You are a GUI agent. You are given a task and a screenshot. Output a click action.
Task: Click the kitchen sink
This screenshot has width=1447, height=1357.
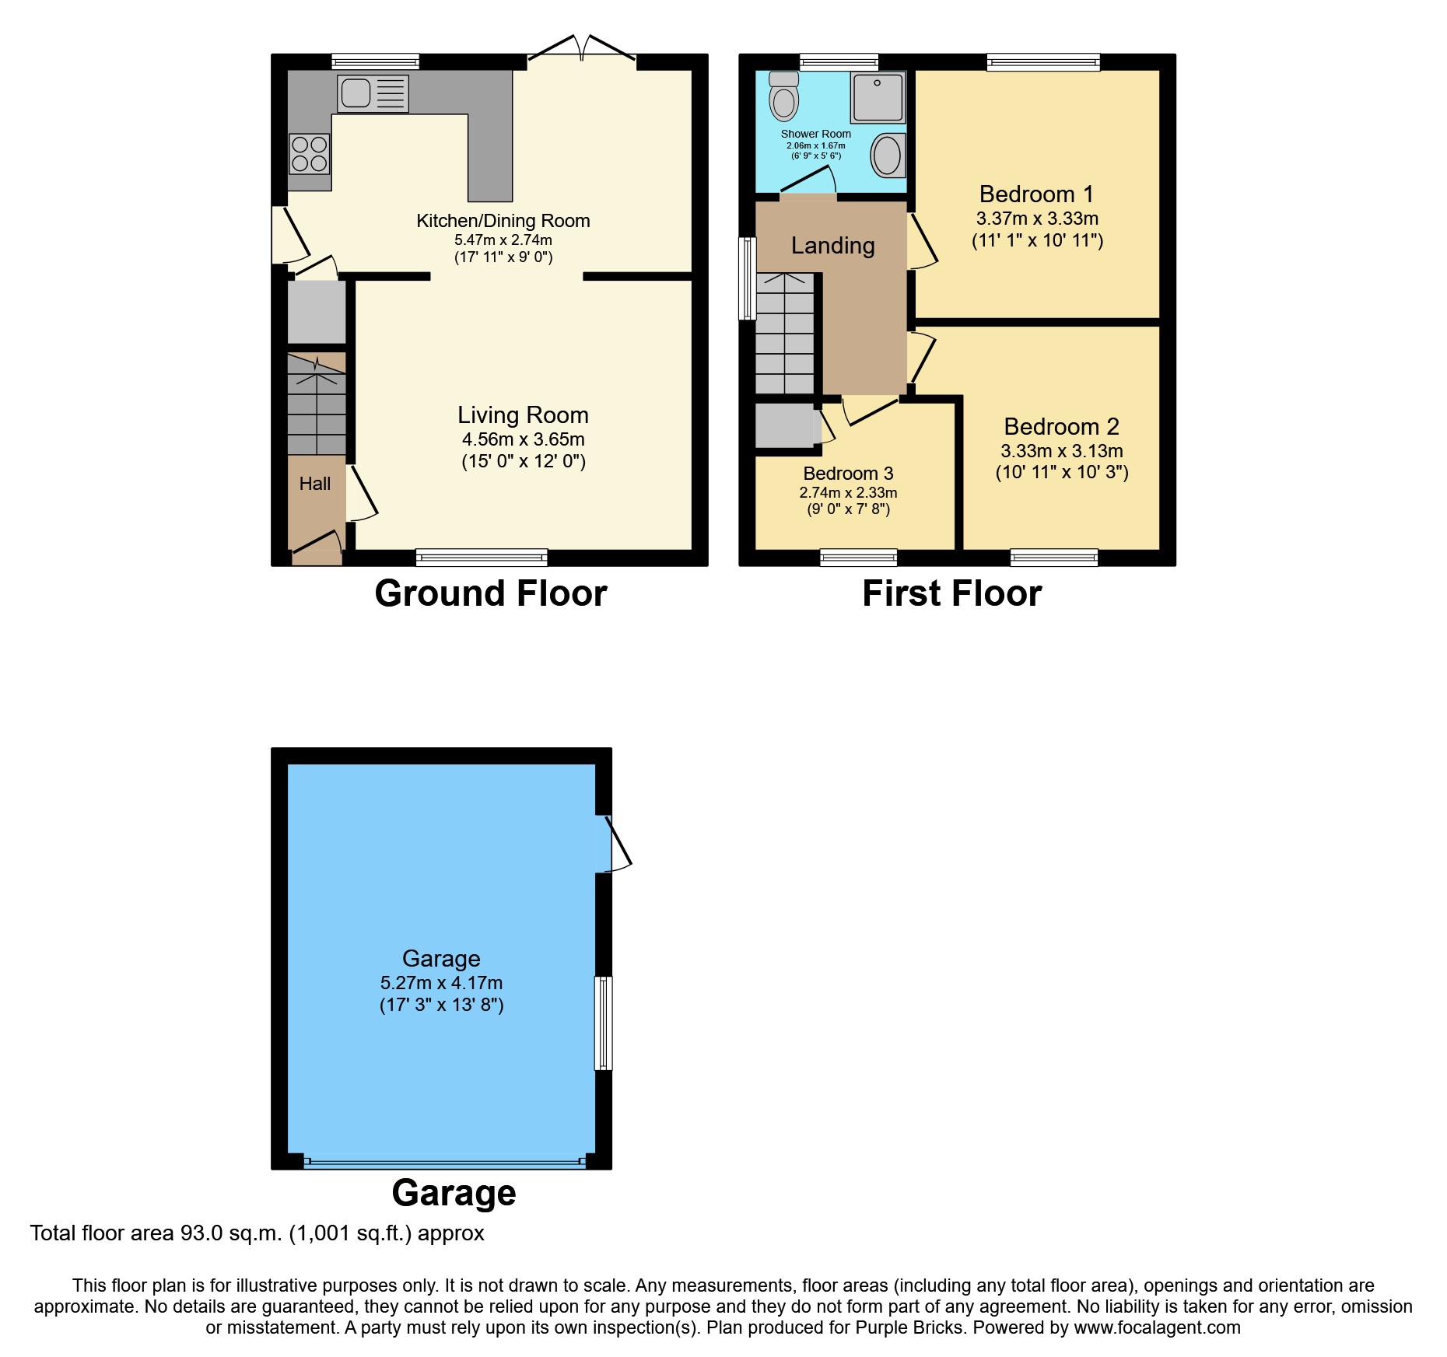coord(373,93)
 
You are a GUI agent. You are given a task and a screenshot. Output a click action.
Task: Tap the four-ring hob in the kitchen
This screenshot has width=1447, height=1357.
coord(309,154)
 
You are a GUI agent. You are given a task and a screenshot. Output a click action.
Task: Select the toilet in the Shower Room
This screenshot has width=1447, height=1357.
coord(784,96)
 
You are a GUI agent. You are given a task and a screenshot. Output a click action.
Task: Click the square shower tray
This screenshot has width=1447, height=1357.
coord(878,98)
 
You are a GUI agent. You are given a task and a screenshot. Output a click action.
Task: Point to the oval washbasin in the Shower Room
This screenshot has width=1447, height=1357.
coord(887,156)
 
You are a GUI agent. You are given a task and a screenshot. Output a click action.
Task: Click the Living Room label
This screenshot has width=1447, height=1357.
coord(523,415)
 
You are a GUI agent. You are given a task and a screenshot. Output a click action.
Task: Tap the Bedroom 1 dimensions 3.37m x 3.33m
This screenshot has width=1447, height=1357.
coord(1037,219)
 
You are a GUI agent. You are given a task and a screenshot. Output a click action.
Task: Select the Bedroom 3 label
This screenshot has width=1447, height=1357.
coord(848,474)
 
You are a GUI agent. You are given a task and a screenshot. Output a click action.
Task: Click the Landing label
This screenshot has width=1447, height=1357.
coord(832,246)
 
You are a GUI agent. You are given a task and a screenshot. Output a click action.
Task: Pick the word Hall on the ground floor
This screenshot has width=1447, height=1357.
coord(315,484)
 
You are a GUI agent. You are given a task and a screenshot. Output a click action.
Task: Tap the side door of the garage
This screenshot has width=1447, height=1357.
coord(614,843)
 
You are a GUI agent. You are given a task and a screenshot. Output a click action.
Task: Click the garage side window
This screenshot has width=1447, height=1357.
coord(604,1023)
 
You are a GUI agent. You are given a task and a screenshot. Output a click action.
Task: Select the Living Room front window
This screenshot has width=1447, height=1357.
coord(482,557)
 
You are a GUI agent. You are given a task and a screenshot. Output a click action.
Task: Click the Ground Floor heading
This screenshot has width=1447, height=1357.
coord(490,594)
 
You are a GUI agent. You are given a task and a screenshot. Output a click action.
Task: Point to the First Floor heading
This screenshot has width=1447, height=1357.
coord(951,594)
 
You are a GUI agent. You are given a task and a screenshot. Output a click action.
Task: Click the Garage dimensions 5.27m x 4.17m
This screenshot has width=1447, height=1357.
coord(441,983)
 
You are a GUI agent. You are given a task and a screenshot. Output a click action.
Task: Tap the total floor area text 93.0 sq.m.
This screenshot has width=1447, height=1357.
coord(257,1233)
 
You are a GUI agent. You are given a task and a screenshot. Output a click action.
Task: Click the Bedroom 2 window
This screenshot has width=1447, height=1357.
coord(1054,557)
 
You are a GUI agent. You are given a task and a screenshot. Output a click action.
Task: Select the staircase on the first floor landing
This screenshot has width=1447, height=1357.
coord(784,334)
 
